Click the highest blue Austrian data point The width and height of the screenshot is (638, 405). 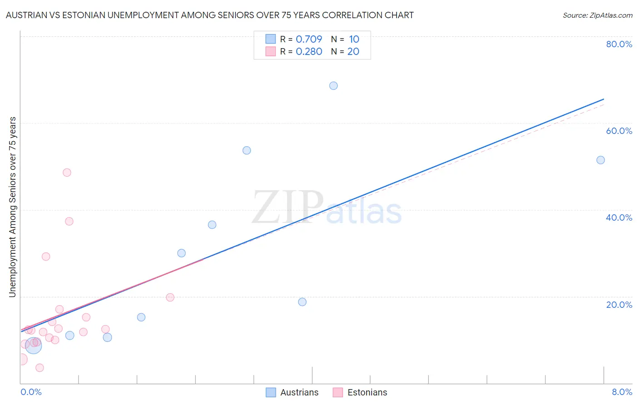point(334,86)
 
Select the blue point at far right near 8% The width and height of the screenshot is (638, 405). point(600,160)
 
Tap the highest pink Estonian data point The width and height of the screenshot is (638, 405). point(67,173)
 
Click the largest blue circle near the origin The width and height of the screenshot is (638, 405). point(33,346)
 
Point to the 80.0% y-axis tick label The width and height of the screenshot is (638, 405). point(619,44)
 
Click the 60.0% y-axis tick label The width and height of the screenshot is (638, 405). point(619,131)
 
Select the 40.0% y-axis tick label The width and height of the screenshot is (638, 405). point(619,217)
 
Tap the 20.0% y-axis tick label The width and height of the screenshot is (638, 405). point(619,305)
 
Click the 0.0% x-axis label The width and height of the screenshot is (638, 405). point(31,392)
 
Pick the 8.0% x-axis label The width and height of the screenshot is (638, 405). point(622,392)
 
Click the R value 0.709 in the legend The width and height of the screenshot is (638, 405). point(309,39)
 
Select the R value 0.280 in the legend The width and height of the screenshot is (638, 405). point(309,51)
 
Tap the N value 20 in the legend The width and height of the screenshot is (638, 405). point(353,51)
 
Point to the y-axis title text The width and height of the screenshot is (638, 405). point(12,207)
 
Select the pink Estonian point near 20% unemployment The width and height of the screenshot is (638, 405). point(170,297)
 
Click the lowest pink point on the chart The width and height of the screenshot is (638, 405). point(39,368)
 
